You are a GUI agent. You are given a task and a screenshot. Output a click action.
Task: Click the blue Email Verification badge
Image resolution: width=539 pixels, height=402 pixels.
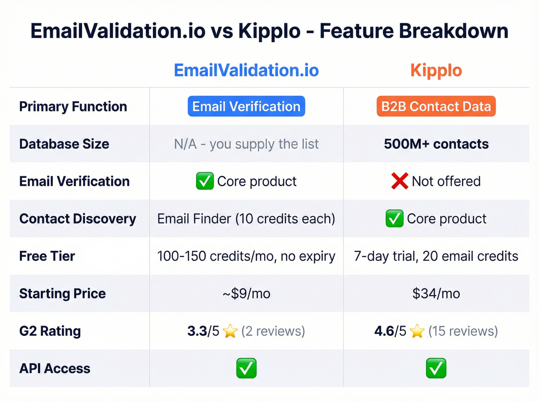tap(246, 107)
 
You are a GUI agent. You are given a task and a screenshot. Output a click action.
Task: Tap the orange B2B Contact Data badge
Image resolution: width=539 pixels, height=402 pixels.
tap(436, 107)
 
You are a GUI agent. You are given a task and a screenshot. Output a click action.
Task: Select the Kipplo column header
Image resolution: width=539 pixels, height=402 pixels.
tap(436, 70)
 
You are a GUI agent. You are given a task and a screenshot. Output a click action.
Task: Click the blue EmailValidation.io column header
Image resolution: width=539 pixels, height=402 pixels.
tap(246, 70)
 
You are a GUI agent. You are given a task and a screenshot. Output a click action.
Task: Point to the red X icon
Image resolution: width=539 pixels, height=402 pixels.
tap(400, 181)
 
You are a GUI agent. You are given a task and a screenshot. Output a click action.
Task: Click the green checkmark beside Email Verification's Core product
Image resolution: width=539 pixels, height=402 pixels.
tap(205, 181)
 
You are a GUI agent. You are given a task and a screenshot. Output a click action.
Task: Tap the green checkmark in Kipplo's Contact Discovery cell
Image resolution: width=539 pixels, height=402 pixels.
tap(395, 219)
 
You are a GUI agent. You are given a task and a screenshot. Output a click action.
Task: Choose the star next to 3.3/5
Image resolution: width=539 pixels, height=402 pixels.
tap(230, 331)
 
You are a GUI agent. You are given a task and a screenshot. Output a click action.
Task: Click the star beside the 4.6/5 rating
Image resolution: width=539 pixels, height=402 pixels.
tap(417, 331)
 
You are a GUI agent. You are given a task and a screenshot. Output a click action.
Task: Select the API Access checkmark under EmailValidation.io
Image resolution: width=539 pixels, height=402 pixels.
tap(246, 368)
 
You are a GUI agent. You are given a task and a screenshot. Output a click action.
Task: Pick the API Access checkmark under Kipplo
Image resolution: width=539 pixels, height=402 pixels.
tap(436, 368)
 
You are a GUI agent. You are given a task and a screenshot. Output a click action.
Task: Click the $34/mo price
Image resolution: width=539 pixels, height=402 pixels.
tap(436, 294)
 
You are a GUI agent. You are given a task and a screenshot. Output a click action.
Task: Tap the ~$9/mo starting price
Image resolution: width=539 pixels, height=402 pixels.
tap(246, 294)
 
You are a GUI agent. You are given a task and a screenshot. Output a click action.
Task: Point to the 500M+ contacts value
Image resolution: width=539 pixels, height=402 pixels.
tap(436, 144)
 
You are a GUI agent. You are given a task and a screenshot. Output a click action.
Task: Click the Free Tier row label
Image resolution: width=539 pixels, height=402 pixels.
tap(47, 256)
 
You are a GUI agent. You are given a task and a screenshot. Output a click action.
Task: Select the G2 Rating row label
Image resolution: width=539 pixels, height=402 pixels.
tap(50, 331)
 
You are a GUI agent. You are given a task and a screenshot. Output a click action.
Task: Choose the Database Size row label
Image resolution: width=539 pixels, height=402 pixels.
tap(64, 144)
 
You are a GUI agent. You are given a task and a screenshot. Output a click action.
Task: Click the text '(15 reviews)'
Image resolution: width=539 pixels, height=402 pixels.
tap(463, 331)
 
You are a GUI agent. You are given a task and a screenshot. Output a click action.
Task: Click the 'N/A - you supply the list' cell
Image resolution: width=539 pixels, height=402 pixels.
tap(246, 144)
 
